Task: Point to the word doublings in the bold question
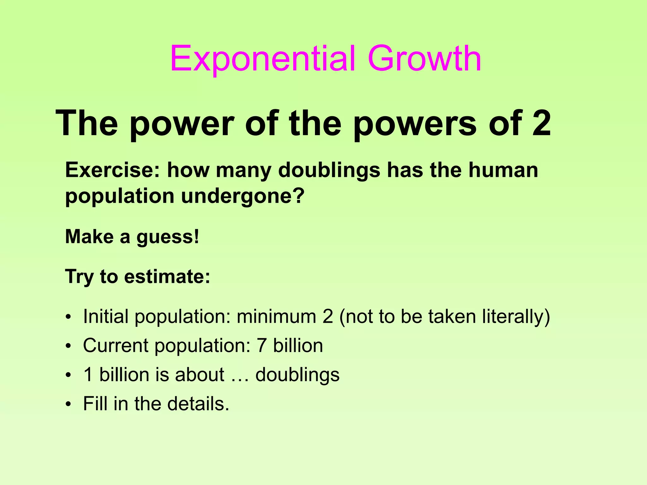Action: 329,171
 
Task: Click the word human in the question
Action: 503,170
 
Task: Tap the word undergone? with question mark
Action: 243,197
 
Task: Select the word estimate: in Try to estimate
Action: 167,277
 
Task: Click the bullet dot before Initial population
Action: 68,317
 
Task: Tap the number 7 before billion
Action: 261,345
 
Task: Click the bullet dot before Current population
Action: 68,346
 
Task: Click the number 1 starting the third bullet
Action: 88,375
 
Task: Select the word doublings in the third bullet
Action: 297,375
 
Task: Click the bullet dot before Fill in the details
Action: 68,404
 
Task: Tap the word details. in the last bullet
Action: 198,404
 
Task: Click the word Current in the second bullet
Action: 115,345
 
